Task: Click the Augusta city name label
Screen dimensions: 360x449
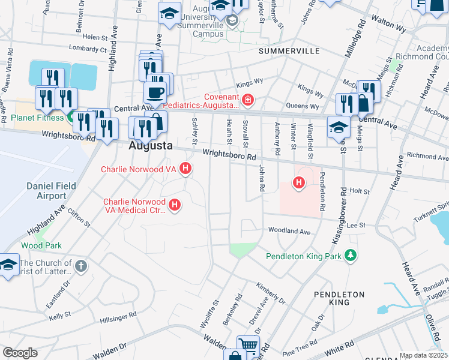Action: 151,146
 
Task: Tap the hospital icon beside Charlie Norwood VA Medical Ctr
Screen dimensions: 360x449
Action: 175,206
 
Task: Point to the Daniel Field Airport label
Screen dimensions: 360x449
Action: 51,191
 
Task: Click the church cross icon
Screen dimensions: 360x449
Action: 82,265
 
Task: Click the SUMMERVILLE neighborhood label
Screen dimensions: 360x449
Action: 289,52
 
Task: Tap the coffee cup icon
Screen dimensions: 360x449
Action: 155,93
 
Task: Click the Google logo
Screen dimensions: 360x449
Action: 20,353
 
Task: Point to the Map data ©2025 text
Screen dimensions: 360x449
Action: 423,355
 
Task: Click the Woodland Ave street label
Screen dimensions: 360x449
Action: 289,231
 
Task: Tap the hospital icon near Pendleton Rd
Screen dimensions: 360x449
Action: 298,182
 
